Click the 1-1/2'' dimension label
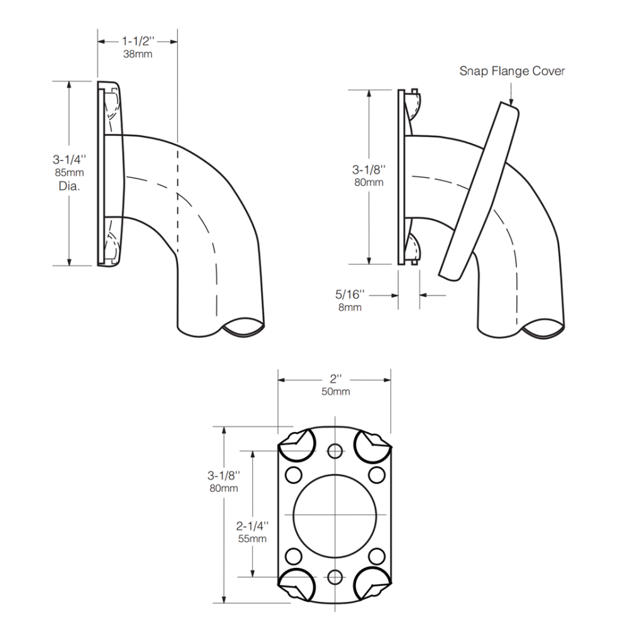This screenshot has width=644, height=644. tap(137, 42)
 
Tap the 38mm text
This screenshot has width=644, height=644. tap(137, 54)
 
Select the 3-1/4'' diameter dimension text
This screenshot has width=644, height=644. tap(69, 160)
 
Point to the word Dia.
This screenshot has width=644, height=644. tap(69, 186)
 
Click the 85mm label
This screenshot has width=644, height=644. tap(69, 173)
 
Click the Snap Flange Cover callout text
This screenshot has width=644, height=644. tap(511, 71)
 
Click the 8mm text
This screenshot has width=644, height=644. tap(351, 307)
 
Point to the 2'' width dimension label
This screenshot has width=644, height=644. tap(335, 379)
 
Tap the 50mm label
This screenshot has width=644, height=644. tap(335, 392)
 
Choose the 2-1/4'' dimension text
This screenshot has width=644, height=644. tap(252, 525)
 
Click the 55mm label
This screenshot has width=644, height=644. tap(252, 538)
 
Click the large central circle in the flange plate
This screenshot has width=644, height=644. tap(335, 513)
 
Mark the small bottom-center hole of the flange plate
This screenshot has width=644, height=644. tap(335, 577)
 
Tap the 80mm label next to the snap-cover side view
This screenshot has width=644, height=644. tap(369, 182)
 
